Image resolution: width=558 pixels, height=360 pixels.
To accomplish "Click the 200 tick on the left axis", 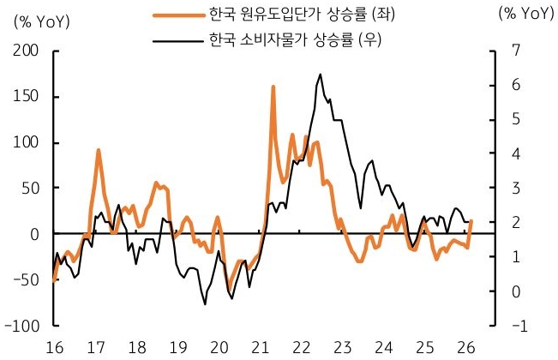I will tap(27, 51).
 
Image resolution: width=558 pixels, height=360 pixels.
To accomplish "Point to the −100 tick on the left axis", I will tap(24, 326).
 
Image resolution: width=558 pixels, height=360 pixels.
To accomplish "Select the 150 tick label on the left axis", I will tap(27, 96).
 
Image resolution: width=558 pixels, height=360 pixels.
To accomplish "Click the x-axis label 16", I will tap(54, 347).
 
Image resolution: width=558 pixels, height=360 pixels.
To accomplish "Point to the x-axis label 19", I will tap(177, 347).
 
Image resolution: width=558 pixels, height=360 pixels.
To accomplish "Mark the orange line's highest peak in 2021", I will tap(273, 87).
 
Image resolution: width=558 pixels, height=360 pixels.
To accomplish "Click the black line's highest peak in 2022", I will tap(320, 74).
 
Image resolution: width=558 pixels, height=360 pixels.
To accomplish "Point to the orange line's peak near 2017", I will tap(99, 150).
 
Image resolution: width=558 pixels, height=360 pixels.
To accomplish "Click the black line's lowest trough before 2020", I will tap(206, 304).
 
